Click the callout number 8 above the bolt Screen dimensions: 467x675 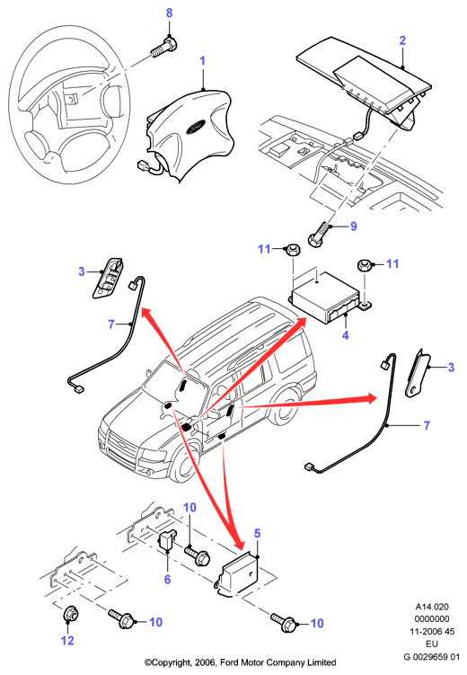tap(169, 13)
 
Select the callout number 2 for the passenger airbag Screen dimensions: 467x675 tap(402, 40)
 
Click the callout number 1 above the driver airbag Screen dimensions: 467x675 tap(203, 61)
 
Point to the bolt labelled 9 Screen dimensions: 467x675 tap(320, 235)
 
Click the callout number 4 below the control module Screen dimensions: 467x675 tap(345, 334)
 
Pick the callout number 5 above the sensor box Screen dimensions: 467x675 tap(257, 533)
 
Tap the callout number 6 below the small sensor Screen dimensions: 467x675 tap(167, 580)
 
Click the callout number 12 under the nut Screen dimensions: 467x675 tap(67, 641)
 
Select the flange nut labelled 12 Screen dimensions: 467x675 tap(69, 614)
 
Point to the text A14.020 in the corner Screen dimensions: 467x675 tap(432, 607)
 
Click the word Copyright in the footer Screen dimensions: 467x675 tap(168, 662)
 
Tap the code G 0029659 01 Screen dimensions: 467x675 tap(431, 657)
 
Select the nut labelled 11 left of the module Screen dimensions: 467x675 tap(293, 249)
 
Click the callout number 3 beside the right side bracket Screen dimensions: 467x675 tap(451, 368)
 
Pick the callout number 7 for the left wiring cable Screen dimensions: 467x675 tap(111, 324)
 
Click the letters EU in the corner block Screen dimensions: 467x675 tap(432, 644)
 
